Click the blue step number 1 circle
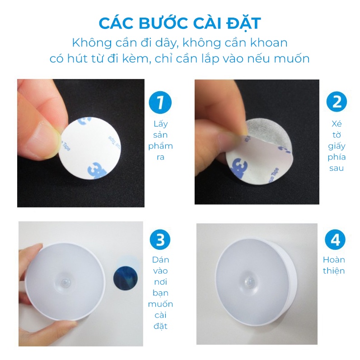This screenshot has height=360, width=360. pyautogui.click(x=160, y=103)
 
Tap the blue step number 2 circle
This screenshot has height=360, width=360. pyautogui.click(x=337, y=102)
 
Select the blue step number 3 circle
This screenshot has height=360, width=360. pyautogui.click(x=160, y=240)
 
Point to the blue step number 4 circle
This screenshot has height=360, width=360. pyautogui.click(x=335, y=240)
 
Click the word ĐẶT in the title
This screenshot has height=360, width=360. pyautogui.click(x=243, y=23)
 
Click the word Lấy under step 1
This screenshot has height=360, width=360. pyautogui.click(x=161, y=123)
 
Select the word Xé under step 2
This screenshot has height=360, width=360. pyautogui.click(x=337, y=124)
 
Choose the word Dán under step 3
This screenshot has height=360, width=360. pyautogui.click(x=160, y=260)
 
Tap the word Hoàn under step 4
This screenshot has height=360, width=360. pyautogui.click(x=334, y=260)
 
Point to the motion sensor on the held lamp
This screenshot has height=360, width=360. pyautogui.click(x=64, y=281)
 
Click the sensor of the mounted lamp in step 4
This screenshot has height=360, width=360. pyautogui.click(x=249, y=281)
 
